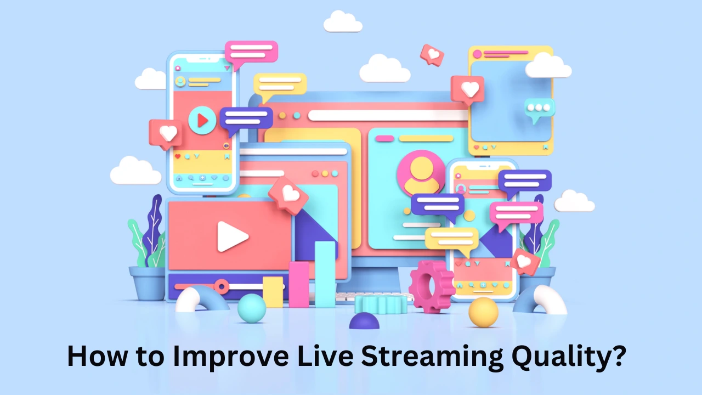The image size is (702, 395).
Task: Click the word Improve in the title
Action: click(231, 357)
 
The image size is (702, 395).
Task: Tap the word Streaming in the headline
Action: click(432, 357)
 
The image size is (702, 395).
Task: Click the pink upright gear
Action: click(431, 286)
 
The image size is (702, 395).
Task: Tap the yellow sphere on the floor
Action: click(483, 313)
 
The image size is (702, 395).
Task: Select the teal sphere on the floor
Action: click(252, 308)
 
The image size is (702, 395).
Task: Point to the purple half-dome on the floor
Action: click(364, 321)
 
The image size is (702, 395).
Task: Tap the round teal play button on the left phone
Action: click(202, 120)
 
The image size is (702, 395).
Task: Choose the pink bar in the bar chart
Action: click(299, 285)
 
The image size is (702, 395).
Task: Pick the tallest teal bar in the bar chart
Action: click(325, 274)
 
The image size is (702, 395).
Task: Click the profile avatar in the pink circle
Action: click(421, 173)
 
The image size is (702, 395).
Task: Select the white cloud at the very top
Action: click(343, 21)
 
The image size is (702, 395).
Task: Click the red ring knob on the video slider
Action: click(222, 286)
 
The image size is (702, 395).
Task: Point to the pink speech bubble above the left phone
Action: click(251, 54)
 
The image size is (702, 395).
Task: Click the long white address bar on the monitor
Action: click(388, 115)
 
